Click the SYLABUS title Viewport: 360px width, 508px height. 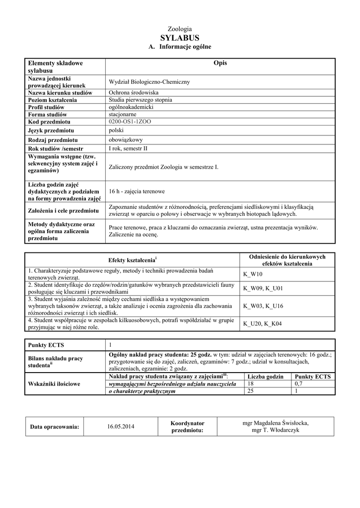click(180, 38)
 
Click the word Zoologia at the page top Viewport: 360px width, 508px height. click(180, 29)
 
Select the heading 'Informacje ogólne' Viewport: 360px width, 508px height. click(185, 47)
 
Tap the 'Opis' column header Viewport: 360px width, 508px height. click(219, 63)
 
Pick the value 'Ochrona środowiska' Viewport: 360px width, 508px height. click(134, 93)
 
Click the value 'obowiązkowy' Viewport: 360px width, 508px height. click(126, 140)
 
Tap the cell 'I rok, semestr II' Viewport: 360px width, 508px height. click(128, 148)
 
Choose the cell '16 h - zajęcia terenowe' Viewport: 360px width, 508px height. click(137, 191)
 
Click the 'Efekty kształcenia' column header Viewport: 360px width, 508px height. click(133, 260)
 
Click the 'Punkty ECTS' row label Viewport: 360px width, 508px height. click(46, 345)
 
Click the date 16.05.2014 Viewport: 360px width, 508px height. click(121, 426)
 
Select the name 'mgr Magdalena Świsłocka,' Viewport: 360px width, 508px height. click(275, 423)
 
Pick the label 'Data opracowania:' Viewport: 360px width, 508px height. click(55, 427)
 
